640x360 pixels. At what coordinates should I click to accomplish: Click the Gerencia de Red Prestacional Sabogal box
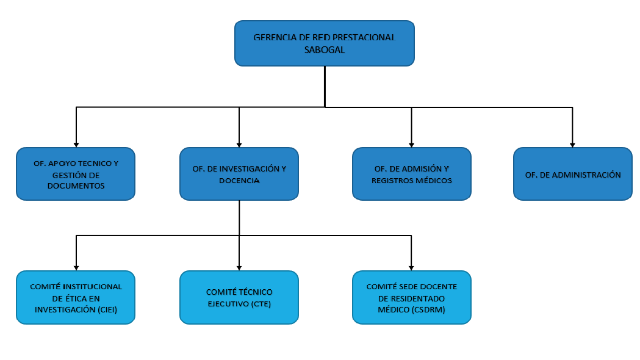click(x=325, y=43)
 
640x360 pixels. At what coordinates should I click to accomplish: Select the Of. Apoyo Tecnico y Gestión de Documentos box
click(x=76, y=174)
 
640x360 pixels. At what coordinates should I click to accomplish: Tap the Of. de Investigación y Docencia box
click(x=239, y=174)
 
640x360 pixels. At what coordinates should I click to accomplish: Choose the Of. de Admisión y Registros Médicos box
click(x=411, y=174)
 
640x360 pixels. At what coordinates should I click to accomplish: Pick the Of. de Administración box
click(x=573, y=174)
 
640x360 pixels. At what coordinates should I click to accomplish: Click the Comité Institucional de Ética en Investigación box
click(x=76, y=298)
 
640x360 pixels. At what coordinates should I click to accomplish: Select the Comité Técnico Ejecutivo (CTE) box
click(x=239, y=298)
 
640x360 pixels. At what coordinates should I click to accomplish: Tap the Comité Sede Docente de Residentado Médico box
click(x=411, y=298)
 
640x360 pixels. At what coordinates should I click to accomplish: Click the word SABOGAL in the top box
click(x=325, y=50)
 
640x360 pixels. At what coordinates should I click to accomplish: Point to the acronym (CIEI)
click(x=107, y=310)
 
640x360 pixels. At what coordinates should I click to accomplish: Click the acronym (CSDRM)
click(x=428, y=310)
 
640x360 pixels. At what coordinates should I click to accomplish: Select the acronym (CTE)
click(x=261, y=304)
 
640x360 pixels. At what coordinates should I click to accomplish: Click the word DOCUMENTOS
click(x=76, y=185)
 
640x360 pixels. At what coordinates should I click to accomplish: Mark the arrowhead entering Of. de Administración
click(x=572, y=145)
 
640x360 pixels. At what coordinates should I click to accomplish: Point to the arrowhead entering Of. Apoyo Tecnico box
click(x=76, y=145)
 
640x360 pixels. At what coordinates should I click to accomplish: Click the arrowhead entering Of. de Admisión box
click(x=411, y=145)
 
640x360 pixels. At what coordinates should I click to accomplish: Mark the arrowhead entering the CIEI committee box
click(x=76, y=268)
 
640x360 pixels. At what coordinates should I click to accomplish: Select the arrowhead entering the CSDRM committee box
click(x=411, y=268)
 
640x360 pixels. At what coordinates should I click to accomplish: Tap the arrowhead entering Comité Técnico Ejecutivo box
click(x=239, y=268)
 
